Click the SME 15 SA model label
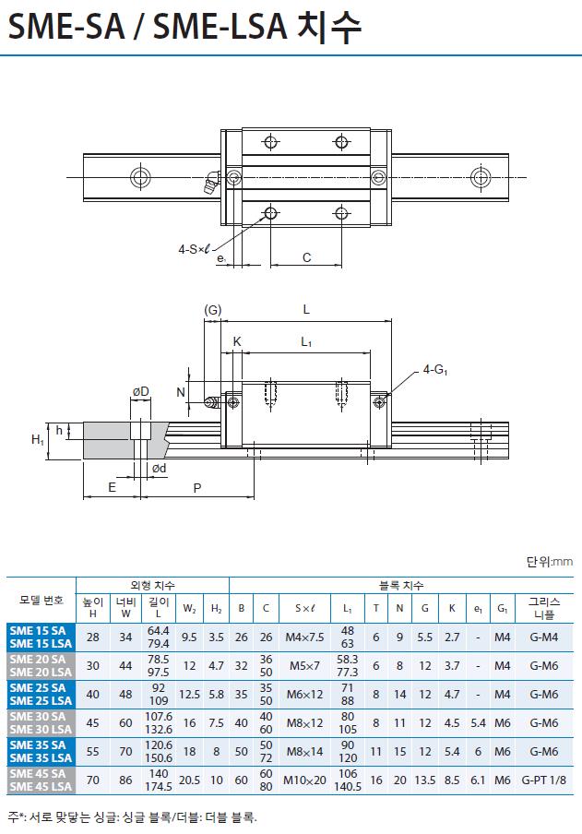[38, 630]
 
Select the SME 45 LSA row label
[41, 787]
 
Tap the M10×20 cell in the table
[304, 780]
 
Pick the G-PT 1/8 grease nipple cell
[543, 780]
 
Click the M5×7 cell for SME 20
[304, 665]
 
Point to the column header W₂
[189, 609]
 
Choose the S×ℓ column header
[304, 608]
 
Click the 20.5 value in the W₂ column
[189, 780]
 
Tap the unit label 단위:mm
[550, 561]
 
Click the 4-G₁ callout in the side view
[434, 369]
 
